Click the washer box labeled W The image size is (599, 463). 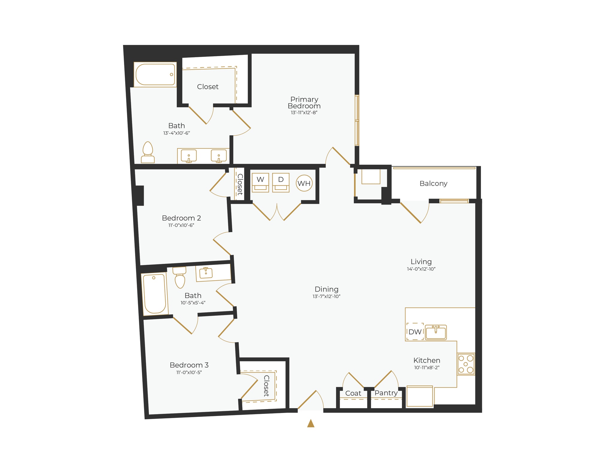(260, 182)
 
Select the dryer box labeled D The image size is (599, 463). (281, 182)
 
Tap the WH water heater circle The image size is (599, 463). (304, 183)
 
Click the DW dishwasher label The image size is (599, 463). (415, 332)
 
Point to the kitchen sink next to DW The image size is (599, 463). (436, 332)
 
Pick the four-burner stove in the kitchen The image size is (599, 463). (466, 364)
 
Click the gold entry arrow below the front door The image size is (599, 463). (311, 423)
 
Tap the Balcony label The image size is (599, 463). (433, 184)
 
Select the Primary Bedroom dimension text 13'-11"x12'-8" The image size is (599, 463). (304, 113)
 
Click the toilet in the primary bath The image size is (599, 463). (148, 153)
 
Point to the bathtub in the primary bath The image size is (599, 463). (155, 74)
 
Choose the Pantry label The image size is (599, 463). (386, 393)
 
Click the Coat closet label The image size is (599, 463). (353, 394)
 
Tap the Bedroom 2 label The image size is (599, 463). (181, 218)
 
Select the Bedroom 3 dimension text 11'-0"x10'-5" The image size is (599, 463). (189, 373)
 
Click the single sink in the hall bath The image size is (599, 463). (206, 273)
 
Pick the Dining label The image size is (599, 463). (326, 289)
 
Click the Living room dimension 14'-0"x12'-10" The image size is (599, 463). (421, 269)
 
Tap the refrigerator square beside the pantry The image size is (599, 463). (420, 396)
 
